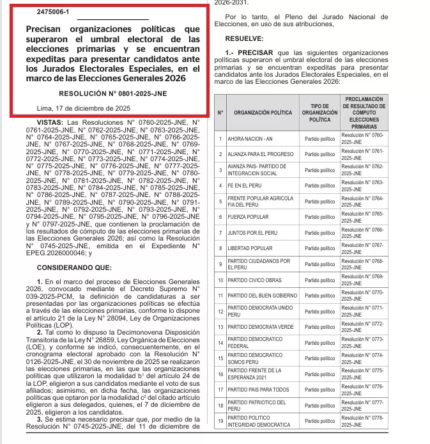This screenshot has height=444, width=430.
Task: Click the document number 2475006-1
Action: [53, 12]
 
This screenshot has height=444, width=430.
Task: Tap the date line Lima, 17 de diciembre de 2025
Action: [84, 108]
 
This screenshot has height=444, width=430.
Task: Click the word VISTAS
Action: [50, 122]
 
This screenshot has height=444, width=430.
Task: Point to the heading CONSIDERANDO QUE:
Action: [74, 266]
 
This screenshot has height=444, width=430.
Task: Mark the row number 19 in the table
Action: [220, 421]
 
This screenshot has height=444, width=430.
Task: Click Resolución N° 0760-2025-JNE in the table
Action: [362, 139]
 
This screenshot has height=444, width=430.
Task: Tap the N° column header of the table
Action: [220, 112]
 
